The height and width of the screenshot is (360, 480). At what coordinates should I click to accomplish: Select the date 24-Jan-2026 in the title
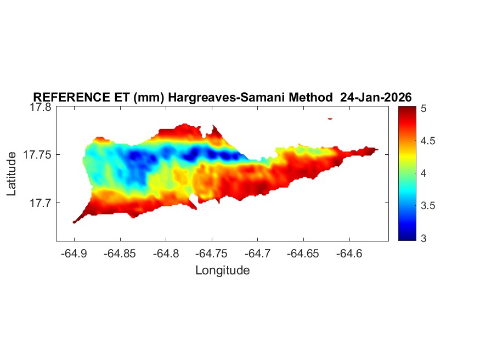(376, 97)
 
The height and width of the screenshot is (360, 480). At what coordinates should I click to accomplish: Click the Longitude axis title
(222, 270)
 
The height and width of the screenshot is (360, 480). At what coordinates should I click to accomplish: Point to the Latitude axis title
(12, 174)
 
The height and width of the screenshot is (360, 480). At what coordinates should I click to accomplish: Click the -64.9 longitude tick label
(75, 254)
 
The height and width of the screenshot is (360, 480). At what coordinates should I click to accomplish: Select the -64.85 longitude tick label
(118, 254)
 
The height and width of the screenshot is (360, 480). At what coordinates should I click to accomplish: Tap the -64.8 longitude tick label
(166, 254)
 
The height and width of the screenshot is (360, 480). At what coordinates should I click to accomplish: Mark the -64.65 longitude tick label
(302, 254)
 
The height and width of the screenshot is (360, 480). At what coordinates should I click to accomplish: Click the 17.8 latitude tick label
(40, 107)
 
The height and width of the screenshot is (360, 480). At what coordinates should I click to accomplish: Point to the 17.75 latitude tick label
(37, 155)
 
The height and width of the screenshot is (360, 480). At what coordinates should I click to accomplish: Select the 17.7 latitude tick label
(40, 203)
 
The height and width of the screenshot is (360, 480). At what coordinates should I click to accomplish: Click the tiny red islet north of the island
(330, 118)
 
